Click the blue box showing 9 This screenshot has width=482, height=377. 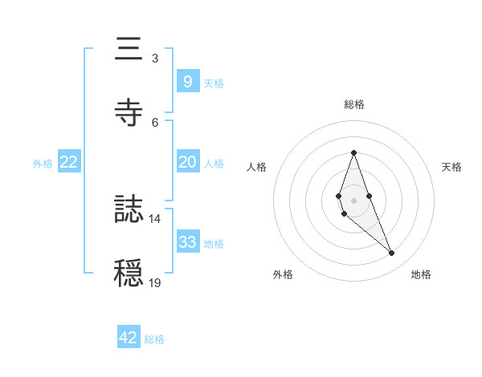click(x=187, y=81)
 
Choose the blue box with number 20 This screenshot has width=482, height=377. click(x=187, y=162)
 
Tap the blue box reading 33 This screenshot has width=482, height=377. click(x=187, y=242)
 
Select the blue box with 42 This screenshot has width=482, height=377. click(x=129, y=338)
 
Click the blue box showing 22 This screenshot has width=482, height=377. click(x=69, y=162)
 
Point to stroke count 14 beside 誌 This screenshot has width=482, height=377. click(x=155, y=218)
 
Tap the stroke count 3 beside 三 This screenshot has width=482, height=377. click(x=155, y=58)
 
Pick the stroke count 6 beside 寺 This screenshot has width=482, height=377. click(x=155, y=121)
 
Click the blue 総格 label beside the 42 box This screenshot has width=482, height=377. click(x=154, y=339)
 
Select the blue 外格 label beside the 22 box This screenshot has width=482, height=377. click(x=43, y=163)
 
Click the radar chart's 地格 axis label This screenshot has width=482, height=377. click(x=421, y=274)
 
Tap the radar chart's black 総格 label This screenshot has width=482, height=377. click(x=354, y=104)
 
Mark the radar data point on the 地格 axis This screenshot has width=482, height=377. click(x=392, y=253)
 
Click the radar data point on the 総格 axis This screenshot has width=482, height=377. click(x=354, y=152)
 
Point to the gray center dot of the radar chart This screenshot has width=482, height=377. click(x=354, y=200)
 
